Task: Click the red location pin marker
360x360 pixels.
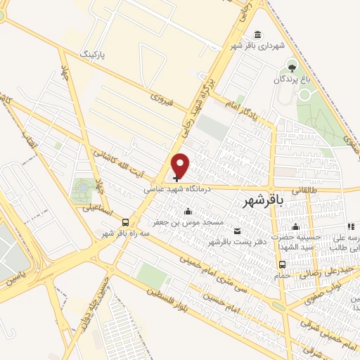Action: [x=181, y=166]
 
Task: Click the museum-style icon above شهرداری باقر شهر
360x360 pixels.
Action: [x=258, y=34]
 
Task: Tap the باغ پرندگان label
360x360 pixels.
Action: [x=292, y=80]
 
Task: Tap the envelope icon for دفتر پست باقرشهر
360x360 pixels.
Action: [x=236, y=231]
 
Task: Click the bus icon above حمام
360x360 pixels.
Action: [x=282, y=264]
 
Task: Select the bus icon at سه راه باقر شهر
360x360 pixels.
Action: [x=125, y=221]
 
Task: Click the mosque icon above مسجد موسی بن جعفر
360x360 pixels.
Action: [x=188, y=211]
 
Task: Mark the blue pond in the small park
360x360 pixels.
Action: [x=83, y=188]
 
